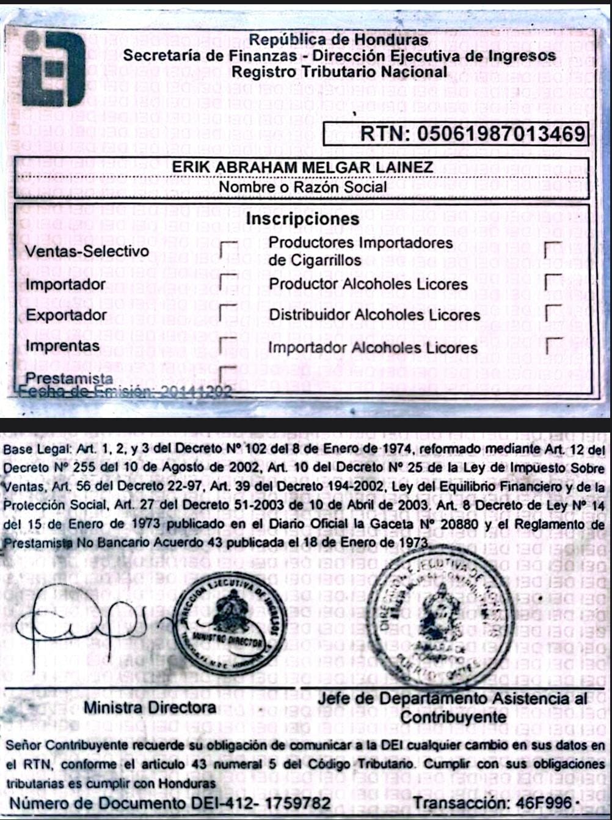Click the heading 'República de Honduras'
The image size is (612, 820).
click(338, 40)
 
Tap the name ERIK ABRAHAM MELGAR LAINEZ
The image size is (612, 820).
click(302, 167)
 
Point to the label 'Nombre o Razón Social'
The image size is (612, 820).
click(302, 187)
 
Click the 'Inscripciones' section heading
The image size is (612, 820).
click(302, 219)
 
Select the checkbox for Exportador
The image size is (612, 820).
click(228, 313)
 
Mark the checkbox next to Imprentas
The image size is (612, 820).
click(228, 345)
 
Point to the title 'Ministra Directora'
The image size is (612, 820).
click(150, 708)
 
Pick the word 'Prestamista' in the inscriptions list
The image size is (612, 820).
click(69, 378)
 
